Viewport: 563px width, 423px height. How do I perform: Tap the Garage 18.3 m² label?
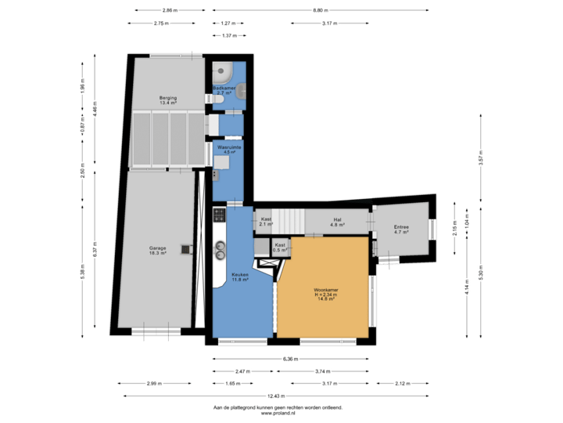pyautogui.click(x=158, y=251)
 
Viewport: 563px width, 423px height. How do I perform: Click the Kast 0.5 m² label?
pyautogui.click(x=280, y=248)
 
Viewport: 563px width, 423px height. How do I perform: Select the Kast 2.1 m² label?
pyautogui.click(x=266, y=222)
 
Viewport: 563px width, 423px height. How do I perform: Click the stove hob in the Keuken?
pyautogui.click(x=220, y=213)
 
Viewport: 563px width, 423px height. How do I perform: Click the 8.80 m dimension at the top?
pyautogui.click(x=321, y=10)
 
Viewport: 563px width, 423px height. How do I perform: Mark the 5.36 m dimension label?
pyautogui.click(x=289, y=360)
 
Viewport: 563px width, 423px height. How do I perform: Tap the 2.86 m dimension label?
pyautogui.click(x=168, y=10)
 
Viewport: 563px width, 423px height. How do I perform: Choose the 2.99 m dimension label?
pyautogui.click(x=153, y=383)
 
